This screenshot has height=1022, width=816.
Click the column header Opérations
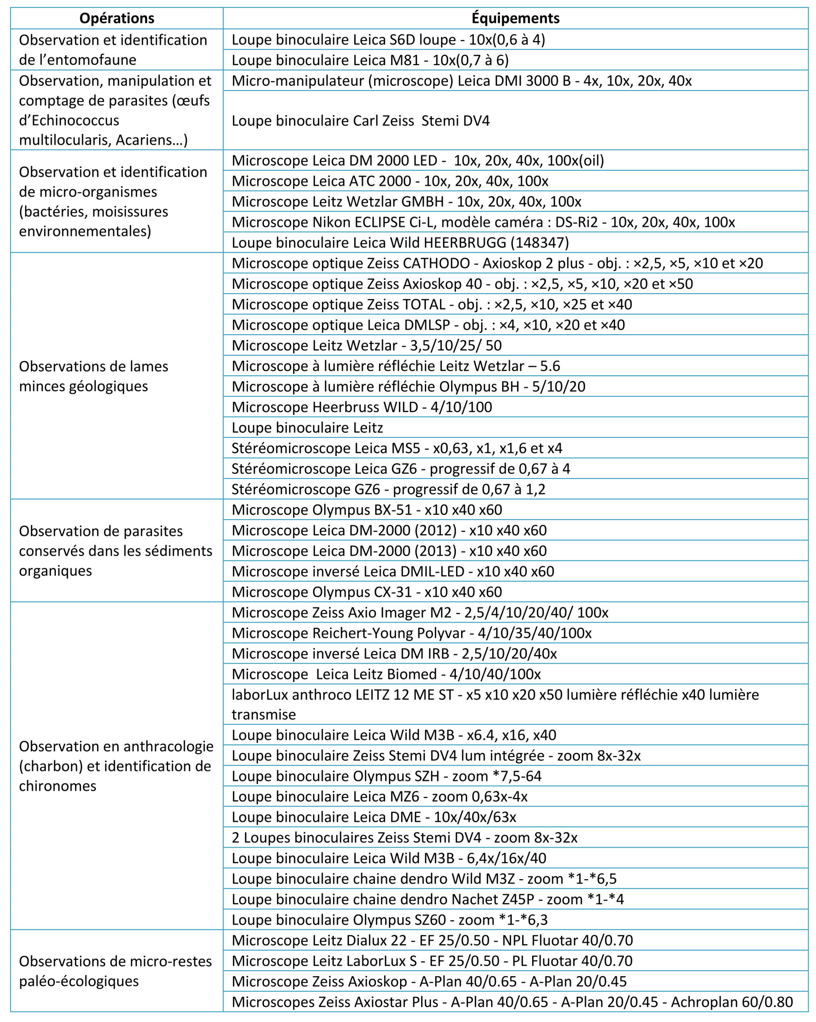117,18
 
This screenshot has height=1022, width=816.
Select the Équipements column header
515,18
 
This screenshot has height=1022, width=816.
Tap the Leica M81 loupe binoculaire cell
370,60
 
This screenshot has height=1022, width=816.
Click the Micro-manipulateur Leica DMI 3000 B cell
461,81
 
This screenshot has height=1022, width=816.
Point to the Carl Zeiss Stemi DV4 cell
360,121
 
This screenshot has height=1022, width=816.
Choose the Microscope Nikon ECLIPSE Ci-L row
483,222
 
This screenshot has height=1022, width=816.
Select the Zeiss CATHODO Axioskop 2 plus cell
497,263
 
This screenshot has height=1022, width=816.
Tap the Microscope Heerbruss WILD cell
361,407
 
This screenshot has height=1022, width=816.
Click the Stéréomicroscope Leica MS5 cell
396,448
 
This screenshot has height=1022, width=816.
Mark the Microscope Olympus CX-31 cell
366,592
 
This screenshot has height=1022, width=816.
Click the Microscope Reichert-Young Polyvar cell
411,633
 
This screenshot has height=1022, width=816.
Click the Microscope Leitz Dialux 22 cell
432,941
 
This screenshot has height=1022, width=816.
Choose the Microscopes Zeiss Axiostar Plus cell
512,1002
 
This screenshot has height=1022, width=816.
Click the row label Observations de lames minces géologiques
93,376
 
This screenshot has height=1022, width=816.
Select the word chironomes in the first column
57,786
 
